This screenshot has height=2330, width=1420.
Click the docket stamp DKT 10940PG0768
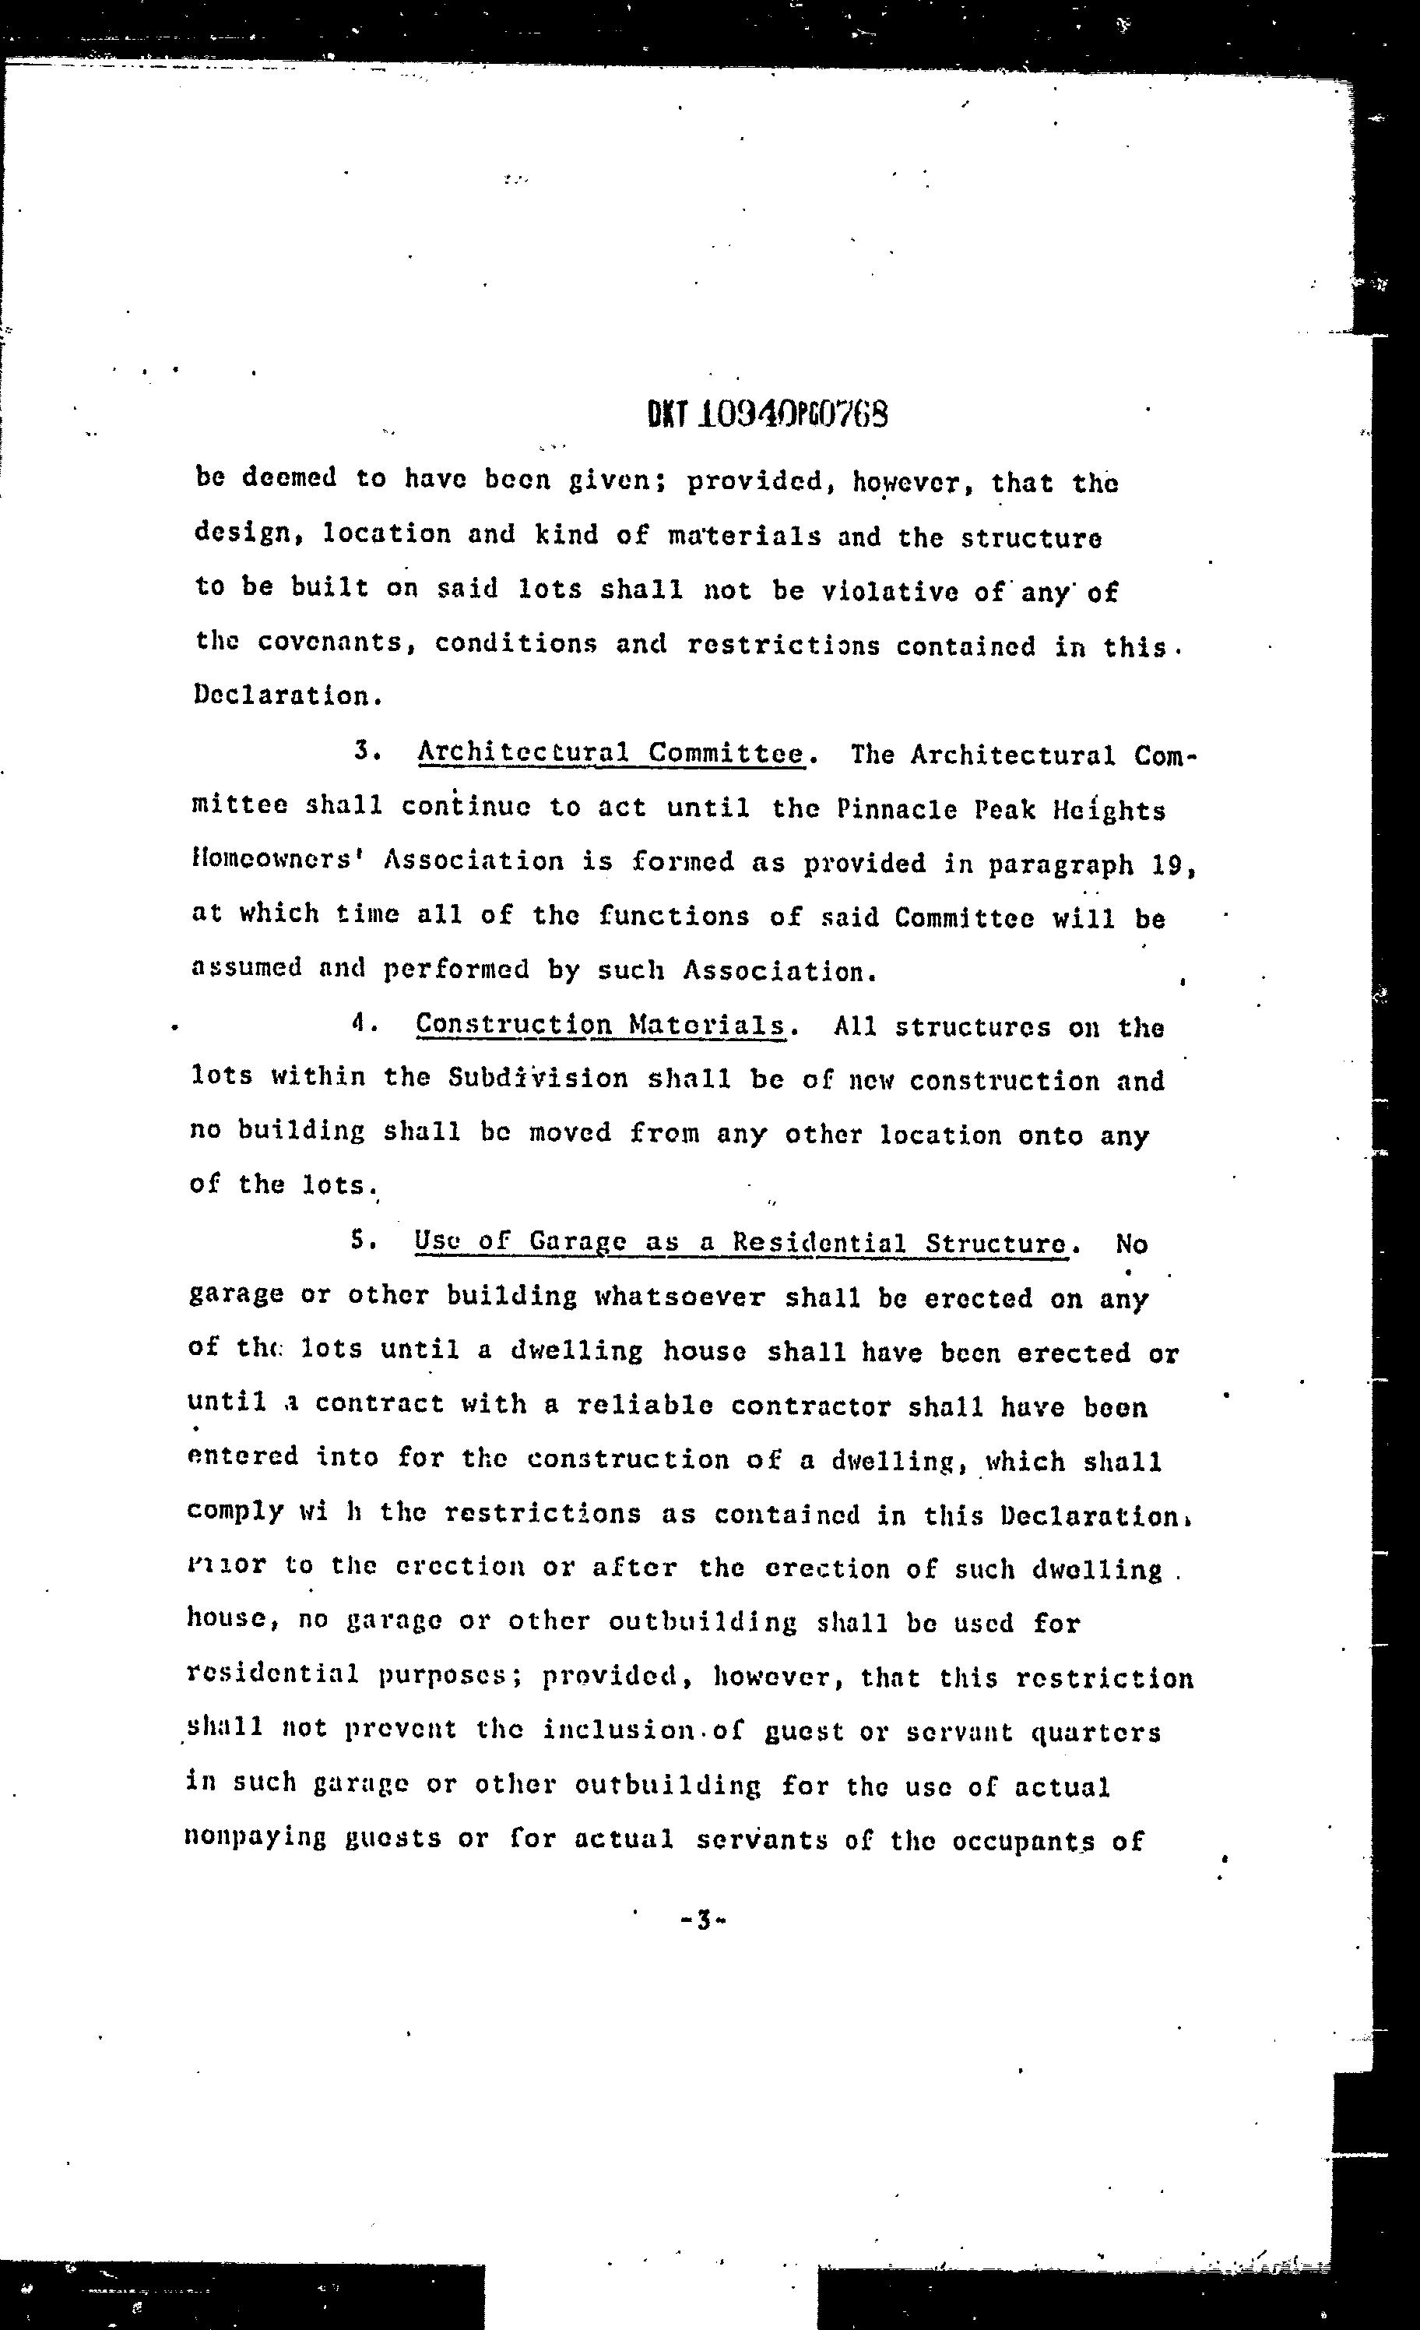point(768,414)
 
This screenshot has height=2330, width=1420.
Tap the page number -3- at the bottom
point(701,1920)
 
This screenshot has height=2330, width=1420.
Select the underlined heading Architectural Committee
point(610,754)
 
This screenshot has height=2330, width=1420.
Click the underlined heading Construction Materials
point(601,1025)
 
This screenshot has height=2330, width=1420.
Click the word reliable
point(645,1405)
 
